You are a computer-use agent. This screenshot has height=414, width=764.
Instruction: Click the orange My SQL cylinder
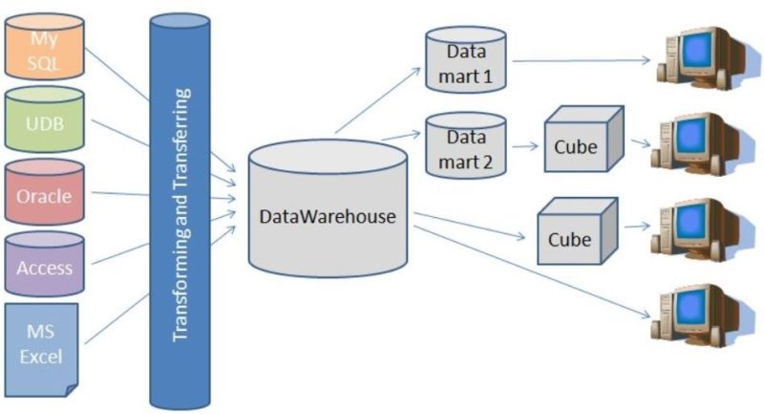click(x=44, y=48)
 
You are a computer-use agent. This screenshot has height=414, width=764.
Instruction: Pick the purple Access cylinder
click(x=45, y=268)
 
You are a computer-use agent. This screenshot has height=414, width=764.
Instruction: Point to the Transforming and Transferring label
click(x=180, y=215)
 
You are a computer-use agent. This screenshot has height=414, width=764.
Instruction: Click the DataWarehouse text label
click(x=327, y=216)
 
